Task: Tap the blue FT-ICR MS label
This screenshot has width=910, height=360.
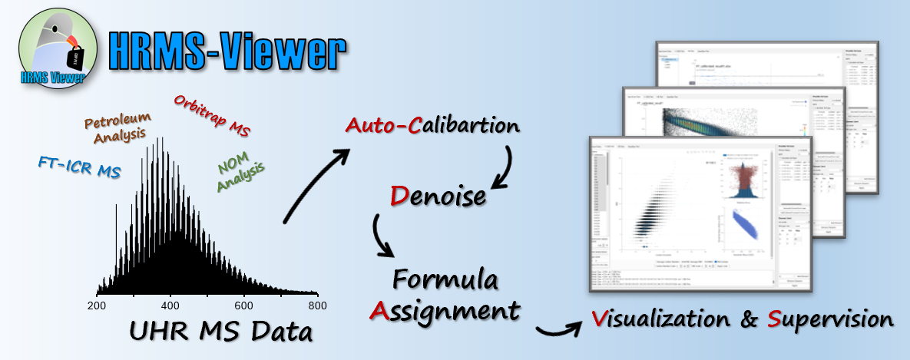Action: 79,167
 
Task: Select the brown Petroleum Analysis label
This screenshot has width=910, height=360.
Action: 117,129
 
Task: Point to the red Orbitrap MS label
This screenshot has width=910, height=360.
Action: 212,114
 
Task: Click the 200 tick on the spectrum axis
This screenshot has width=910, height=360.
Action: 97,306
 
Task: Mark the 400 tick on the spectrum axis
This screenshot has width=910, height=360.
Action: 170,306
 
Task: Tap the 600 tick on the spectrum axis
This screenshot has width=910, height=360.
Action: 244,306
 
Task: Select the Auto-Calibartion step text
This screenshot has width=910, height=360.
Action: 432,125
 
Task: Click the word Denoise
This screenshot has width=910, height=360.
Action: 437,196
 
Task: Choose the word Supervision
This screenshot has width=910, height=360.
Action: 829,319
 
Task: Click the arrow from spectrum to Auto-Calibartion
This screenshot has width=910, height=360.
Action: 315,184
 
